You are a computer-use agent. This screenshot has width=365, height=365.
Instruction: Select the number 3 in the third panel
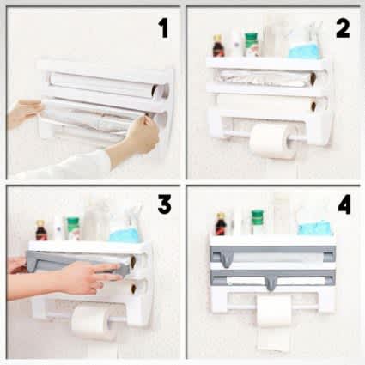coord(162,205)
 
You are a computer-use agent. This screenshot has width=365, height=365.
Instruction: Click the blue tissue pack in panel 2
coord(303,48)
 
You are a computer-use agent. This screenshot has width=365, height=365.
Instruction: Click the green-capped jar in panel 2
coord(252,46)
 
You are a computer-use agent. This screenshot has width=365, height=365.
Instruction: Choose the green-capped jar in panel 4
coord(258,222)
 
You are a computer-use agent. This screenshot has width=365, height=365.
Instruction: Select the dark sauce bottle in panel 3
coord(40,230)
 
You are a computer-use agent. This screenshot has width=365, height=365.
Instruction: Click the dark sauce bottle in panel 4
coord(222,224)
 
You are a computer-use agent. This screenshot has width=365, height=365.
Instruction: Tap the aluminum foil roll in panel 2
coord(262,78)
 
